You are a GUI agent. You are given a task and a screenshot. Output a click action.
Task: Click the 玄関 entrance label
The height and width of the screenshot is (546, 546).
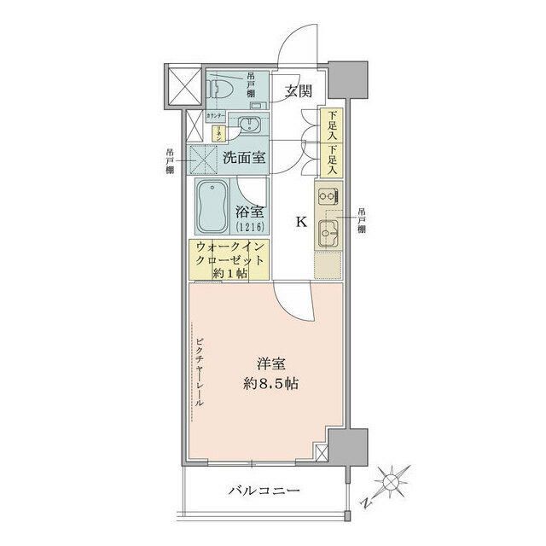tap(296, 91)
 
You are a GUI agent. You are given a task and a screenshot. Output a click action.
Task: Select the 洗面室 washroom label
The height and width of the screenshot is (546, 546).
tap(243, 157)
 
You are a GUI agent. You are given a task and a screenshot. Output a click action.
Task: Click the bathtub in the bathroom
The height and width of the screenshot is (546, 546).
tap(212, 207)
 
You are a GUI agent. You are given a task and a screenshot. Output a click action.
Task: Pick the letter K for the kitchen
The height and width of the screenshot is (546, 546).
tap(300, 222)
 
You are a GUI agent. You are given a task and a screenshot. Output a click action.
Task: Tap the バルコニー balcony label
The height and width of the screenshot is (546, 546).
tap(264, 491)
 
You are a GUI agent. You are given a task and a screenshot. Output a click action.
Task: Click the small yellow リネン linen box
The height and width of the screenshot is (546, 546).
tap(218, 133)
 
